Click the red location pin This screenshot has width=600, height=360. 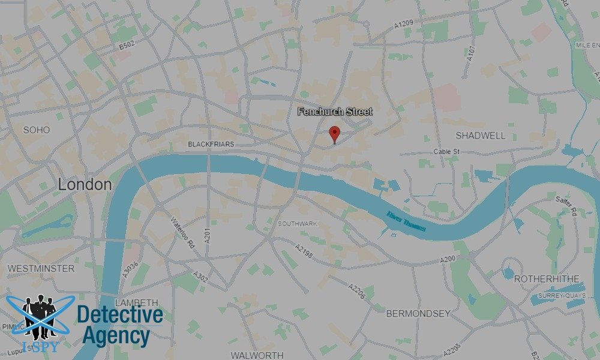pos(335,134)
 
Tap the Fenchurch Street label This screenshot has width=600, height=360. pos(335,112)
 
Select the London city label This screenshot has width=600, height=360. pos(85,185)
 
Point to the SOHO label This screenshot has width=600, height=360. pos(37,130)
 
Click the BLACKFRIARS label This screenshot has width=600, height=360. pos(211,144)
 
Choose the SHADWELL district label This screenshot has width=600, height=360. pos(481,136)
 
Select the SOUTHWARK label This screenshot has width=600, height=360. pos(297,224)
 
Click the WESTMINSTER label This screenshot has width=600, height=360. pos(41,268)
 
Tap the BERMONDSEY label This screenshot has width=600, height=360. pos(418,313)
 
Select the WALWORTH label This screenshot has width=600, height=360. pos(257,355)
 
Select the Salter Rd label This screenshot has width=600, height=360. pos(566,206)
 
